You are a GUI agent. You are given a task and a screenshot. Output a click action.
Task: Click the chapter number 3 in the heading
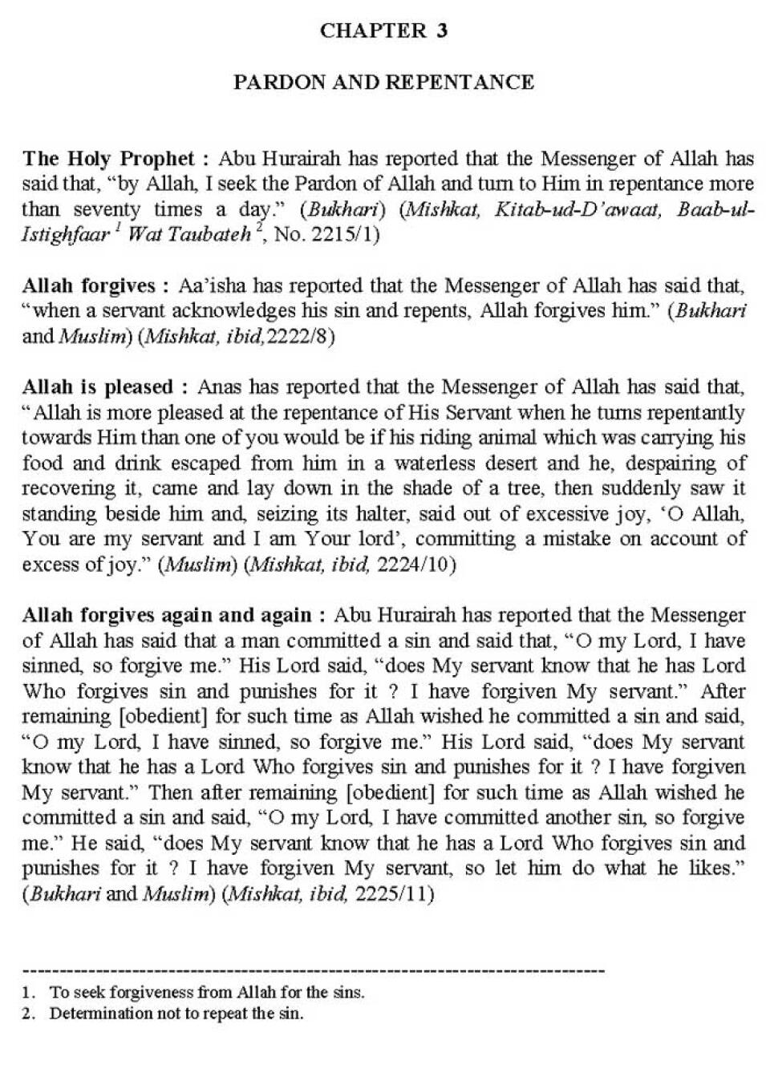pyautogui.click(x=442, y=30)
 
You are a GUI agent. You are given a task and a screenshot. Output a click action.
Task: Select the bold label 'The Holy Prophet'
pyautogui.click(x=108, y=158)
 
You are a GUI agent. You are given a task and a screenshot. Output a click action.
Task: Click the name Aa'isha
pyautogui.click(x=210, y=285)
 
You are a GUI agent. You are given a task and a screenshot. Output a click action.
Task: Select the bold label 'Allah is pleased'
pyautogui.click(x=98, y=387)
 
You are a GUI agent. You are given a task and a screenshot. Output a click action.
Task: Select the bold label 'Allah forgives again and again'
pyautogui.click(x=167, y=615)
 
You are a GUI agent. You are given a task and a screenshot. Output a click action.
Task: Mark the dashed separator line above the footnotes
pyautogui.click(x=313, y=971)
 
